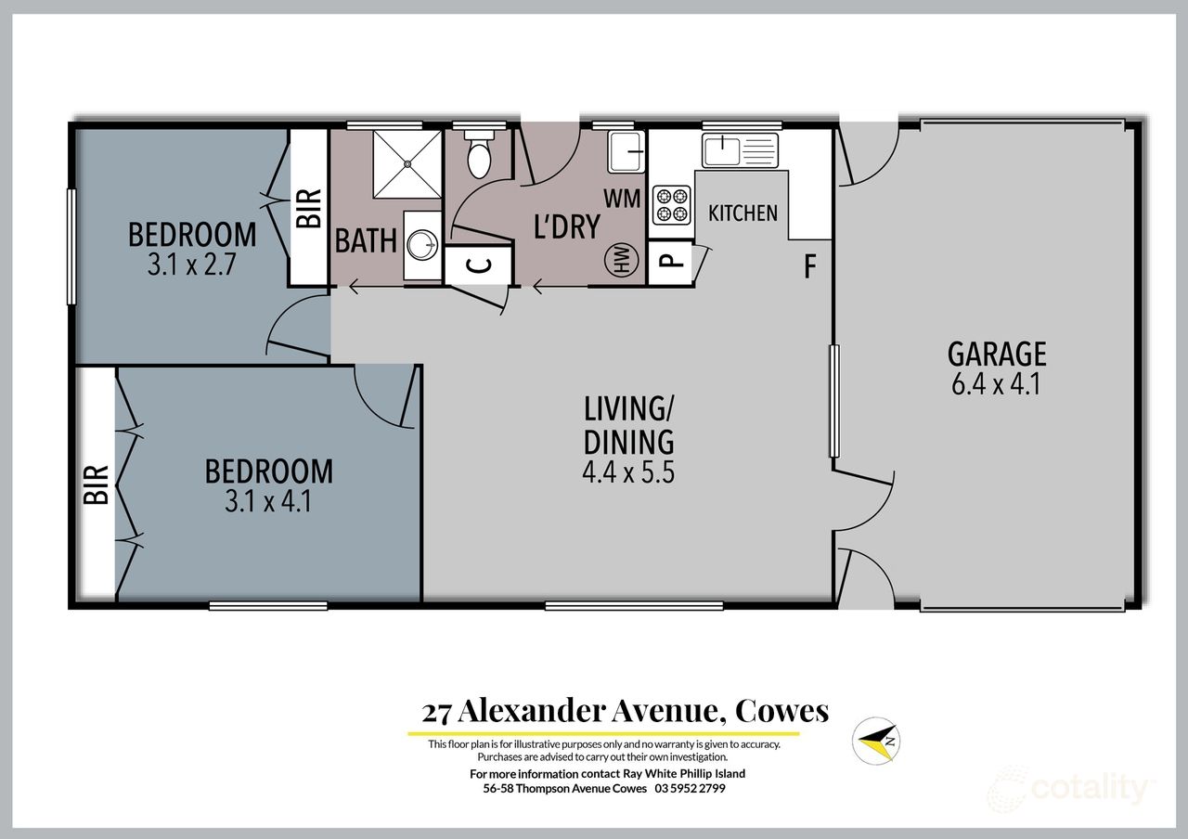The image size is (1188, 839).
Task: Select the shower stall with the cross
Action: click(x=407, y=163)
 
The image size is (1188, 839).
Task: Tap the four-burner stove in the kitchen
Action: click(x=671, y=205)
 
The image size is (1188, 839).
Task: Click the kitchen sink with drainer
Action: click(x=739, y=149)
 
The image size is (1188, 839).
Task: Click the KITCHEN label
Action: click(x=742, y=213)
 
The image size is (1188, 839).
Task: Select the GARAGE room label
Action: click(x=997, y=354)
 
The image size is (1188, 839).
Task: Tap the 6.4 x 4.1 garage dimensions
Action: click(x=997, y=383)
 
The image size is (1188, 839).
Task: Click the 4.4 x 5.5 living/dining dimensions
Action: click(x=627, y=472)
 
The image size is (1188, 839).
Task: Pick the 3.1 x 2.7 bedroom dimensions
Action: click(x=193, y=264)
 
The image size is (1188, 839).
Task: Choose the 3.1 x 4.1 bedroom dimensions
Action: click(x=268, y=502)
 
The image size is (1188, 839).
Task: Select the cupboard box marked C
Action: click(x=478, y=265)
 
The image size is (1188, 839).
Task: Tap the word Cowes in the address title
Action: click(x=781, y=712)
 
